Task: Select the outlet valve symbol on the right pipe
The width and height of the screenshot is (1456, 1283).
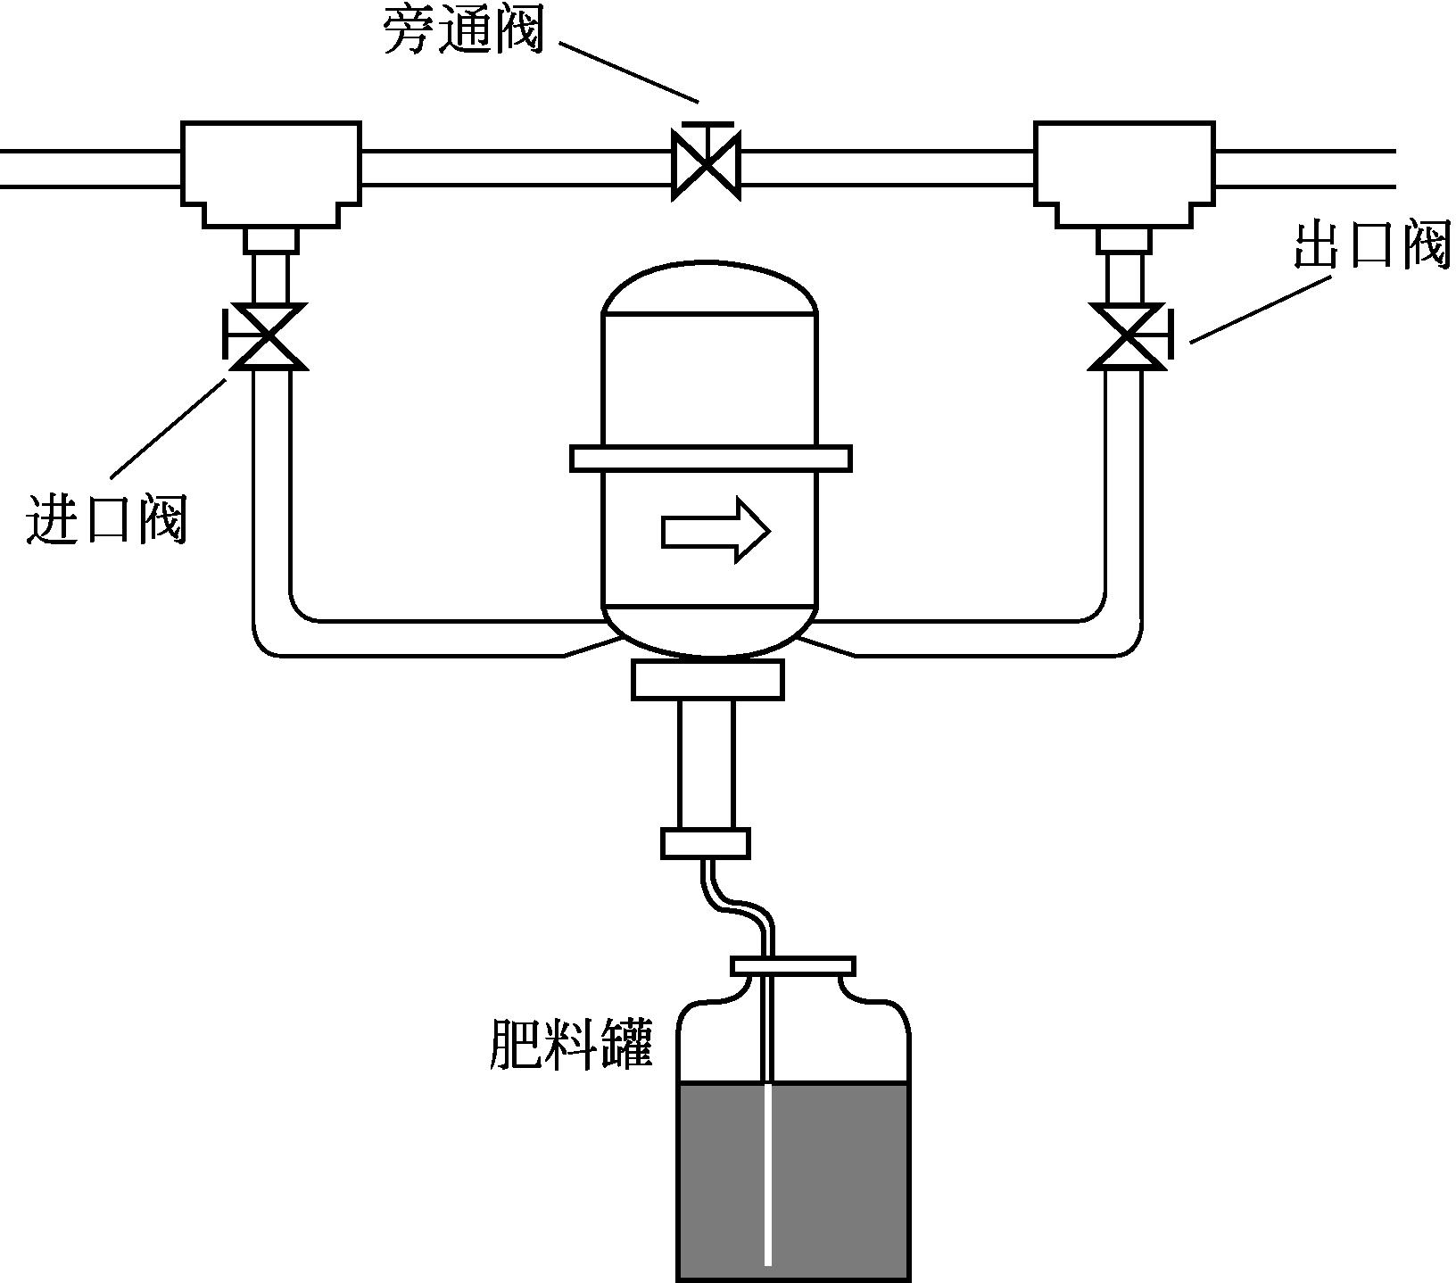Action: click(1127, 336)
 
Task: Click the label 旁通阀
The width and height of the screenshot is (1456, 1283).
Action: click(463, 32)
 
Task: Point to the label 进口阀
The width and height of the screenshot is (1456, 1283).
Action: click(107, 518)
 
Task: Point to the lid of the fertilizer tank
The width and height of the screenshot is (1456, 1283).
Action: click(793, 965)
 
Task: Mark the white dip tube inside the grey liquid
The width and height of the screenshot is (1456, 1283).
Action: click(767, 1178)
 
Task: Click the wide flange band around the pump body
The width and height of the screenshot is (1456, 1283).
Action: click(711, 459)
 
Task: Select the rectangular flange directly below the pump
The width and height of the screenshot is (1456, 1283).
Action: click(708, 680)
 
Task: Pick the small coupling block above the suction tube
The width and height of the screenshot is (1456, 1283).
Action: click(705, 843)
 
